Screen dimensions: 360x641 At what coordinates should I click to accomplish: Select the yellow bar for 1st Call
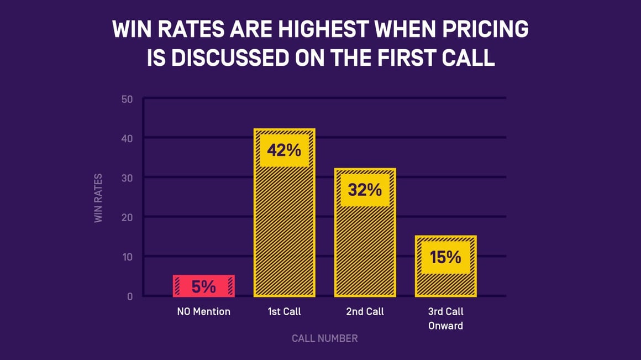(x=284, y=232)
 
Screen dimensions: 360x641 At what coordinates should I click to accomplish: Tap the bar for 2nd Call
(x=365, y=249)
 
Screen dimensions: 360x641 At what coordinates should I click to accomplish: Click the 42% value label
(x=284, y=150)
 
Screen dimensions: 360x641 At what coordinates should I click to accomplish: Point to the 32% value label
(x=365, y=190)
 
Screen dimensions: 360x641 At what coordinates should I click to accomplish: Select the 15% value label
(x=445, y=257)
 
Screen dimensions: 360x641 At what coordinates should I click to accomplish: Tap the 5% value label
(x=203, y=286)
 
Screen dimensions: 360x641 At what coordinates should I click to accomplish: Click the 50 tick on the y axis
(x=127, y=100)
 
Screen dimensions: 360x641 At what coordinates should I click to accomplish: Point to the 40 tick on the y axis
(x=127, y=138)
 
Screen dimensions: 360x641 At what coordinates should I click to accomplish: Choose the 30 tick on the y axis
(x=127, y=178)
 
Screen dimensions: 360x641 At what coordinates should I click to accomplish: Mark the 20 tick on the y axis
(x=127, y=217)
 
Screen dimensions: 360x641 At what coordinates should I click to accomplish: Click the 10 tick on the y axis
(x=127, y=257)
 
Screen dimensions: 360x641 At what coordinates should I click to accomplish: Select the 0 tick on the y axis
(x=130, y=296)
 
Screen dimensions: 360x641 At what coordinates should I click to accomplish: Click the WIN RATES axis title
(x=99, y=198)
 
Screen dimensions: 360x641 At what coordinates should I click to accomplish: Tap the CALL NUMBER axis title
(x=324, y=338)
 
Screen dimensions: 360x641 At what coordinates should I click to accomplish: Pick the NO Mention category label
(x=203, y=312)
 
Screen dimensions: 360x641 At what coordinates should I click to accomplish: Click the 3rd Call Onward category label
(x=445, y=319)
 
